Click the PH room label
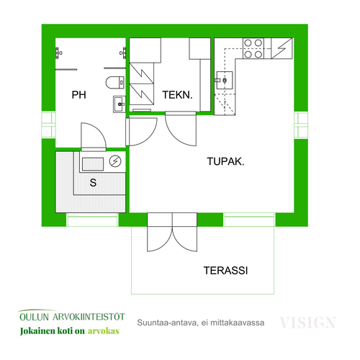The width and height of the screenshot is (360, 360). point(78,95)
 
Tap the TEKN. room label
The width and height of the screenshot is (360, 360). point(177,95)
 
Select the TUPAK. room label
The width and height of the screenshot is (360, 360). point(225,161)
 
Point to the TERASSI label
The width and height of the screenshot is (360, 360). point(225,271)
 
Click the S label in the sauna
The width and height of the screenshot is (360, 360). point(93,183)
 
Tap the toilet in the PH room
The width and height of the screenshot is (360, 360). point(115,83)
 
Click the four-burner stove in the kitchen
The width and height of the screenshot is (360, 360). point(253,48)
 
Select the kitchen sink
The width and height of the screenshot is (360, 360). point(225,80)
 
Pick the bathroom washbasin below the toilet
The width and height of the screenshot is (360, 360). point(120,104)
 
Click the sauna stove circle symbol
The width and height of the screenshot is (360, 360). point(115,161)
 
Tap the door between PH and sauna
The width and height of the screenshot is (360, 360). point(94,137)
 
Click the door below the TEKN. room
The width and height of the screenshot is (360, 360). point(181,128)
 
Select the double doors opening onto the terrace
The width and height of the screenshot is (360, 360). point(172,232)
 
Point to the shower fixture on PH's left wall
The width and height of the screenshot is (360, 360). point(58,53)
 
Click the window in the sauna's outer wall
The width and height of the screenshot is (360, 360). point(92,220)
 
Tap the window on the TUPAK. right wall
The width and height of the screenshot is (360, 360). point(301,125)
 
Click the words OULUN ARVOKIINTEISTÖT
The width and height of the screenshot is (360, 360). point(72,317)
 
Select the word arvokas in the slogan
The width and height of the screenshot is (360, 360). point(104,331)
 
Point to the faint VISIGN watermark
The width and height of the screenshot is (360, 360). point(308,323)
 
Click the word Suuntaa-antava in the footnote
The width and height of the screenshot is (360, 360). point(168,323)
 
